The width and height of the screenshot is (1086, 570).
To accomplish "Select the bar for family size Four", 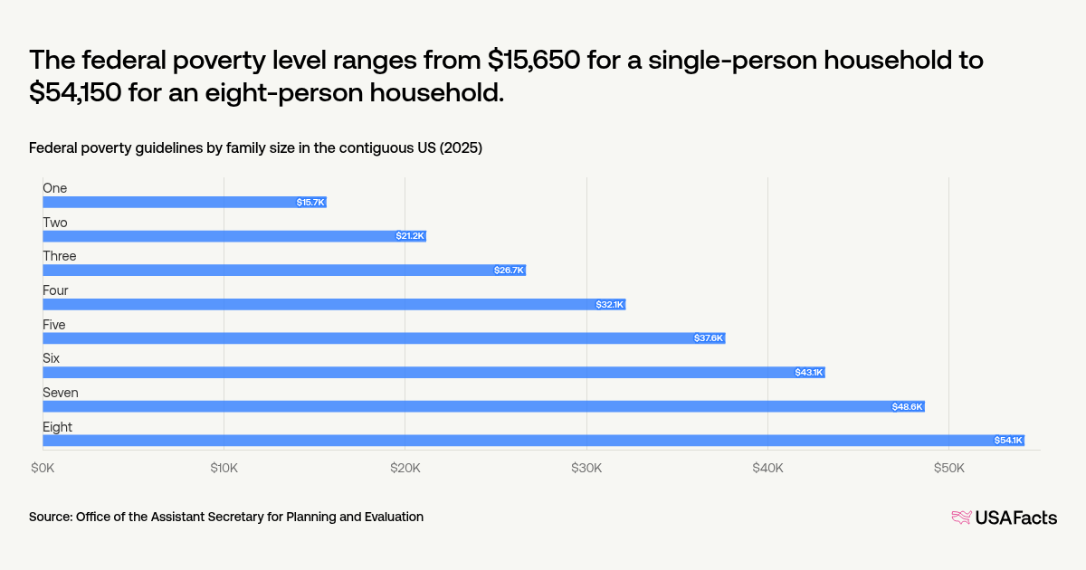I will (x=334, y=304).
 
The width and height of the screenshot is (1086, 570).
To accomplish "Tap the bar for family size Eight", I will (x=533, y=441).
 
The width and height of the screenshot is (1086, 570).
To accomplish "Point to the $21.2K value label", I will (x=409, y=236).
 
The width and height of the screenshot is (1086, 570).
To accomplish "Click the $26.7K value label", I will (x=509, y=271).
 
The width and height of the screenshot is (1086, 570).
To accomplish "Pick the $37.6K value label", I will (x=709, y=338).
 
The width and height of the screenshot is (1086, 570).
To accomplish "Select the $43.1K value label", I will (x=808, y=373).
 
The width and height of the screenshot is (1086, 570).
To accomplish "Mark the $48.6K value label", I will (x=907, y=407).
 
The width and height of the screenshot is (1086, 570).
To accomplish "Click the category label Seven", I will (x=61, y=393).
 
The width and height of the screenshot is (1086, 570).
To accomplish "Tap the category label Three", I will (x=60, y=256).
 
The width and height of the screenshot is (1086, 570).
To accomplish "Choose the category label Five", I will (x=54, y=325).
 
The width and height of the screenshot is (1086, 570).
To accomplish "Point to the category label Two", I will (x=55, y=223).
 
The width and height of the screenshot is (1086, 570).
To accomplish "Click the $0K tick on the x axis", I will (x=43, y=468).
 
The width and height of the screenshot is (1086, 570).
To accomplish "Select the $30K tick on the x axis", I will (x=586, y=468).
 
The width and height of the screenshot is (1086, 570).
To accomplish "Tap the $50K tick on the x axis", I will (x=948, y=468).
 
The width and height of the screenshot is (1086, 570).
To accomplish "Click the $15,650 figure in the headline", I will (x=536, y=61).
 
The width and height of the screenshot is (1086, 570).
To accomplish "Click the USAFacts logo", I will (x=1004, y=518).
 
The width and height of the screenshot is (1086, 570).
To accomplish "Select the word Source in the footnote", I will (x=50, y=517).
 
